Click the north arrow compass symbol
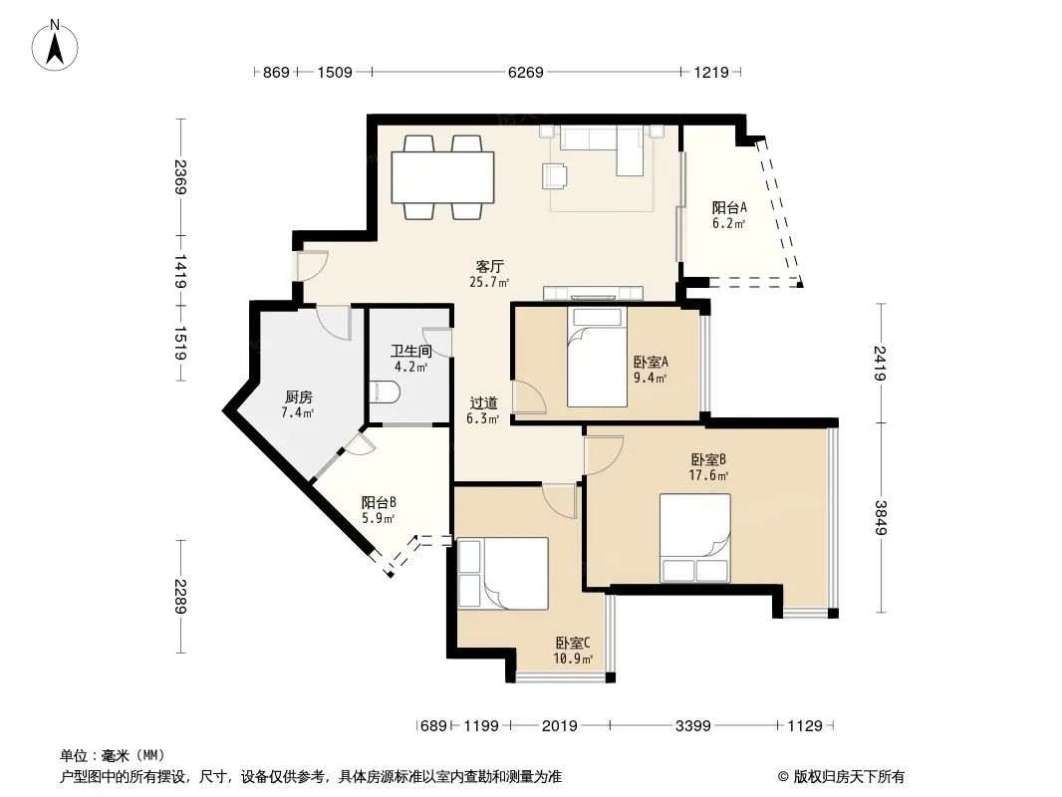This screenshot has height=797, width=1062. pos(55,46)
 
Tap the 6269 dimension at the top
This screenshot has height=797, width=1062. pos(526,72)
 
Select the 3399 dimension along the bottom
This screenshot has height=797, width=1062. pos(692,726)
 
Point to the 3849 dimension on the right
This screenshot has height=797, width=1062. pos(881,517)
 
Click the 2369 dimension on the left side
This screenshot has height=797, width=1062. pos(180,176)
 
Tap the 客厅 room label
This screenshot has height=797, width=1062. pos(490,266)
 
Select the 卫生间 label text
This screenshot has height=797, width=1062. pos(411,351)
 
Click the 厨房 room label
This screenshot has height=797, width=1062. pos(298,397)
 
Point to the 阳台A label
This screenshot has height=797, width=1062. pos(729,207)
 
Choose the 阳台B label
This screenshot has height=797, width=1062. pos(379,502)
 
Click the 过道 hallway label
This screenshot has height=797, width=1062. pos(483,403)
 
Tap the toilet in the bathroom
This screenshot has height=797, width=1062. pos(386,393)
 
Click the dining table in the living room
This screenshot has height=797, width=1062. pos(443,177)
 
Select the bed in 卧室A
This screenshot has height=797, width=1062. pos(597,358)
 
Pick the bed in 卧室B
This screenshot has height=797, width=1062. pos(695,538)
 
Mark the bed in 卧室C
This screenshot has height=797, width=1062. pos(502,574)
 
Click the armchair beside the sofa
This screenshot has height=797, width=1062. pos(556,175)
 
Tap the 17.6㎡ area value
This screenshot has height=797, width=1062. pos(708,475)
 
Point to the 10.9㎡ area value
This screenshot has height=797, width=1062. pos(573,659)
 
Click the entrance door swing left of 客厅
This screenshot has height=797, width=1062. pos(312,265)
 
